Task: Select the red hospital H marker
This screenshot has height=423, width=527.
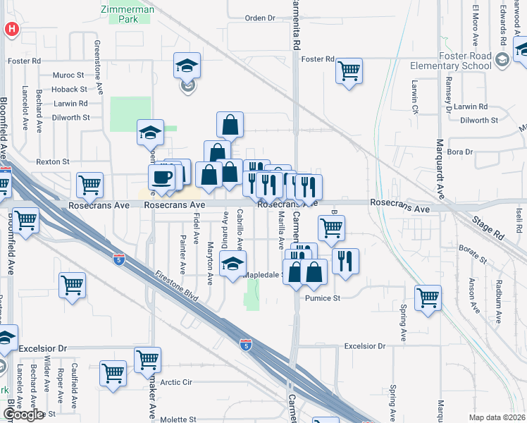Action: tap(12, 29)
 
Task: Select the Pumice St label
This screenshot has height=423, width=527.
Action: tap(323, 298)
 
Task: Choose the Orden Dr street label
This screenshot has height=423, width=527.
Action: tap(259, 18)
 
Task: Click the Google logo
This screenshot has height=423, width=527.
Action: tap(23, 414)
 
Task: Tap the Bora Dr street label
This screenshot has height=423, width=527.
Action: tap(459, 152)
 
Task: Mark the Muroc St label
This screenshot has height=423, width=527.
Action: tap(68, 74)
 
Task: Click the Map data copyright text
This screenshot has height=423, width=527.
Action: tap(497, 417)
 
